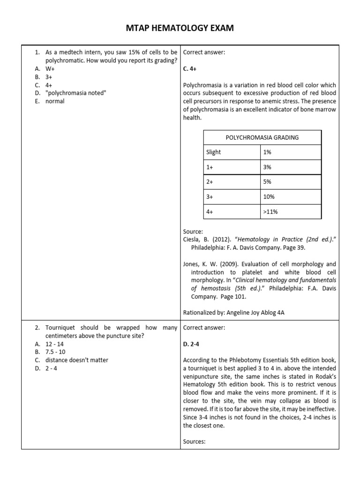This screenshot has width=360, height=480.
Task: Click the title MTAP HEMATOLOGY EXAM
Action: click(x=180, y=29)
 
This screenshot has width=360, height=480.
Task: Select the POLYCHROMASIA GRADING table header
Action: click(x=262, y=137)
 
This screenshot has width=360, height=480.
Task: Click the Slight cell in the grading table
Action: click(x=214, y=152)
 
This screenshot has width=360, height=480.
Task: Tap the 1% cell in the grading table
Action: click(x=268, y=152)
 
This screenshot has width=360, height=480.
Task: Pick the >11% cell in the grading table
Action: click(x=270, y=212)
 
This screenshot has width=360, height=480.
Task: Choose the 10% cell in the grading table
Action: click(x=269, y=197)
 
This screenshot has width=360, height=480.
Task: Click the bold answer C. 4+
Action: click(x=190, y=68)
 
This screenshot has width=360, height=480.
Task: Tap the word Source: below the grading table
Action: click(x=193, y=232)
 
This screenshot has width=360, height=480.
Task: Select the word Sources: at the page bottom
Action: click(x=195, y=442)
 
